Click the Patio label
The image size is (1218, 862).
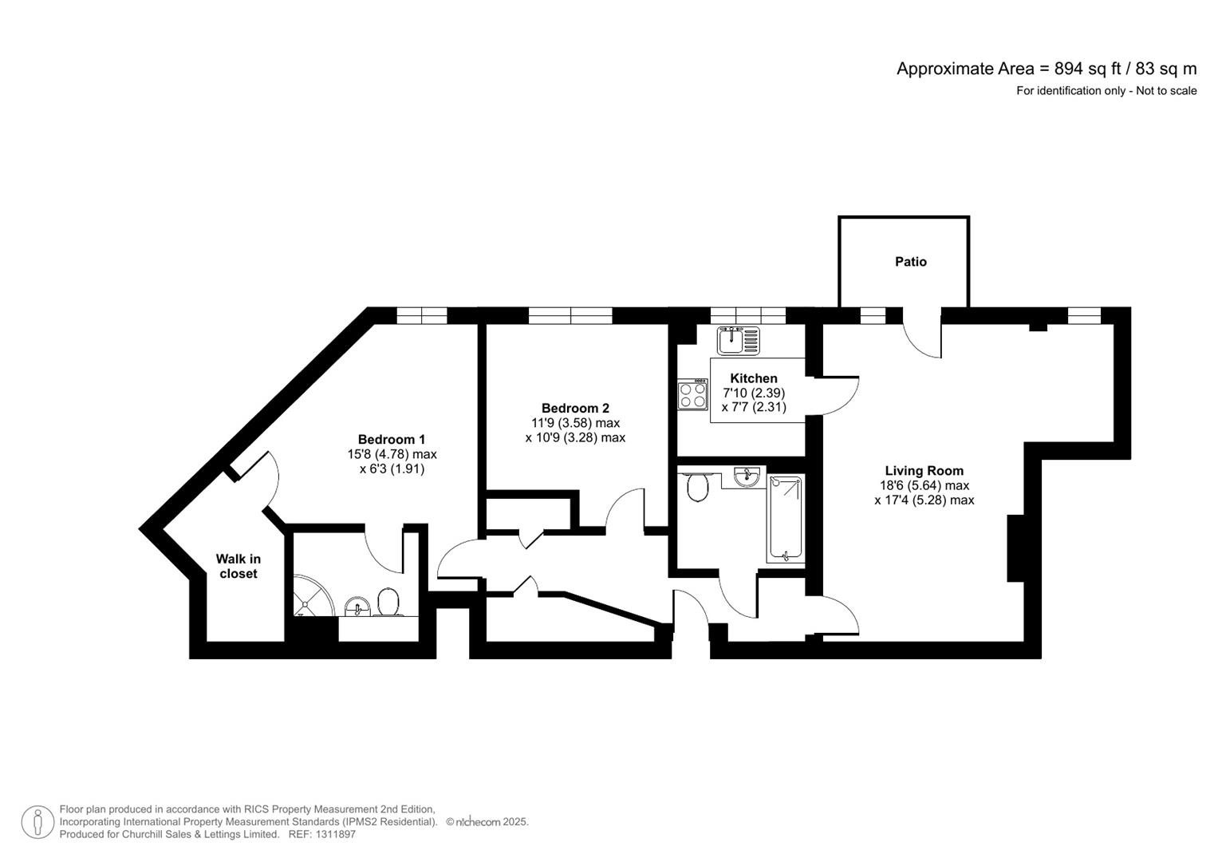(910, 262)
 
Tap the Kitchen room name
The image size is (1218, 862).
(753, 378)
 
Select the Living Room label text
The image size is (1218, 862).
(924, 471)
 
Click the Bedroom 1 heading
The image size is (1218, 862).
(391, 440)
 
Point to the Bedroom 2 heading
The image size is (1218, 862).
(574, 409)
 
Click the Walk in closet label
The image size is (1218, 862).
(238, 567)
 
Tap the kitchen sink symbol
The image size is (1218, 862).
(738, 340)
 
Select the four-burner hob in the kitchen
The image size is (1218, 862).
(692, 395)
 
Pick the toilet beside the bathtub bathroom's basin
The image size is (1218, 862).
(697, 487)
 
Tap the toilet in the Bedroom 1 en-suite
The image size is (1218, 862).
(388, 603)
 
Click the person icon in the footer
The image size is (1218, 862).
(37, 822)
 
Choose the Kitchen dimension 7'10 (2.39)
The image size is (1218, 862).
(753, 393)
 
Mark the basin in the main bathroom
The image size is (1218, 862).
(747, 477)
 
